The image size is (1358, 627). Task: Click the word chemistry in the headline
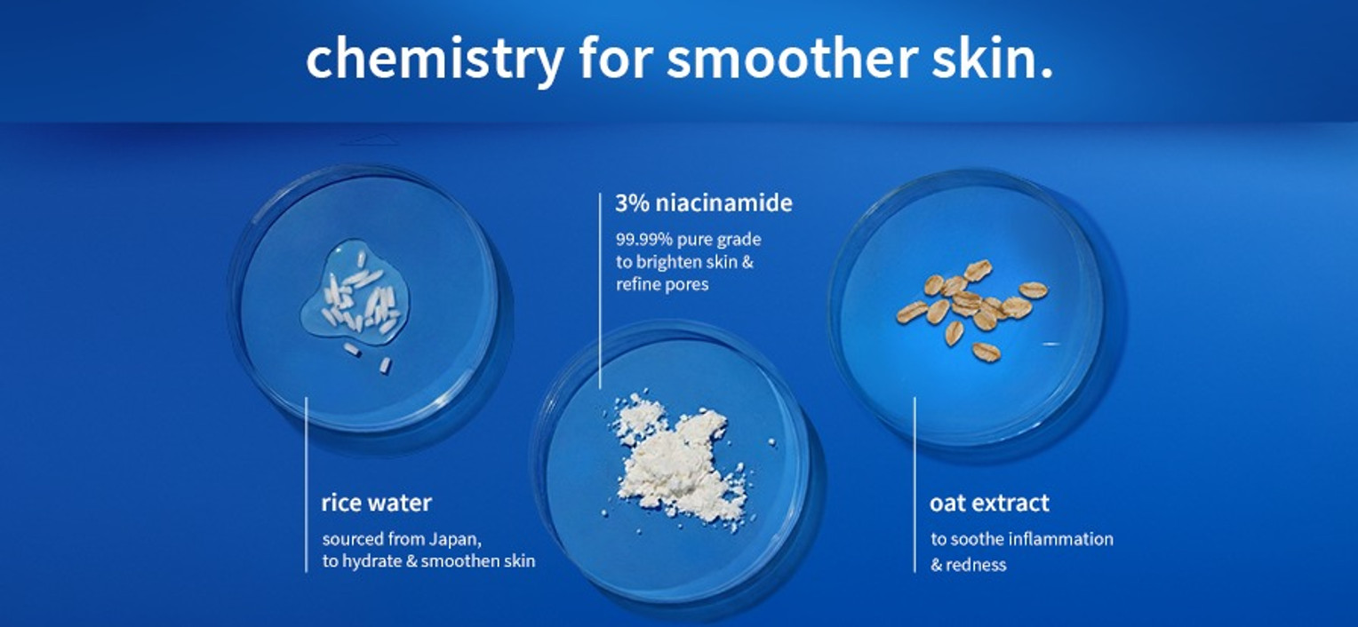pyautogui.click(x=435, y=60)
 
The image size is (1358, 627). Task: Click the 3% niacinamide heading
pyautogui.click(x=703, y=203)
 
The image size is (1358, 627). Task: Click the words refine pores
pyautogui.click(x=662, y=285)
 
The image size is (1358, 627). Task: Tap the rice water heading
pyautogui.click(x=377, y=503)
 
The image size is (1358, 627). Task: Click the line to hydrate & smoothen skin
pyautogui.click(x=428, y=561)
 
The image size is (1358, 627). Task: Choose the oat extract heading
pyautogui.click(x=989, y=503)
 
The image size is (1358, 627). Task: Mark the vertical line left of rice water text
pyautogui.click(x=306, y=485)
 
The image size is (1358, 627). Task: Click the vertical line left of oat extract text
pyautogui.click(x=915, y=485)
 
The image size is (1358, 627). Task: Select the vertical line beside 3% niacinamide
pyautogui.click(x=600, y=290)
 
